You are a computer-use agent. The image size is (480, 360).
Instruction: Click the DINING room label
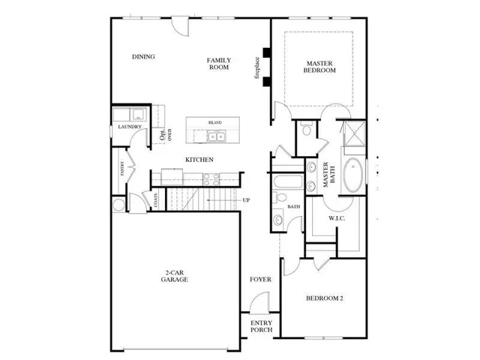click(x=142, y=57)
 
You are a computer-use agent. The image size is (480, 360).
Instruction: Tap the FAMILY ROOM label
click(x=219, y=64)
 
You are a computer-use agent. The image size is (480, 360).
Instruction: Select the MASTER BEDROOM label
click(x=320, y=66)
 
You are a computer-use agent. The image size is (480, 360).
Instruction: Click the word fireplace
click(x=256, y=66)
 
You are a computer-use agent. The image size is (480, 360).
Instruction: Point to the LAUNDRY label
click(x=130, y=127)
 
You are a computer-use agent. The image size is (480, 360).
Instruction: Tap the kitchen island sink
click(x=218, y=136)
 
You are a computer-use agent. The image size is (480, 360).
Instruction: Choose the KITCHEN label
click(x=200, y=160)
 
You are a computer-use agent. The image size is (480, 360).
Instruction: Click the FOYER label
click(x=260, y=280)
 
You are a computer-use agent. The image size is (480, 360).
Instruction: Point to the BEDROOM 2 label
click(x=324, y=299)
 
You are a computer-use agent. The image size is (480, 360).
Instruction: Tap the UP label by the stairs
click(x=246, y=200)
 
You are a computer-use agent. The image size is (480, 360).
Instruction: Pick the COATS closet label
click(x=156, y=199)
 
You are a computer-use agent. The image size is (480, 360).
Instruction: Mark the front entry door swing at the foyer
click(x=258, y=305)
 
